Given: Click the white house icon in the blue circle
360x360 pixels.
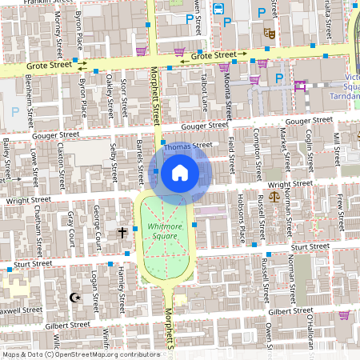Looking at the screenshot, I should [x=180, y=172].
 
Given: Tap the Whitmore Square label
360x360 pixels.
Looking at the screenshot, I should [x=167, y=232].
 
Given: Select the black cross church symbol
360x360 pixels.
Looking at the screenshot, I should [x=122, y=233].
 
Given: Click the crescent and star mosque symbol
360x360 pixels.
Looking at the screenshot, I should [x=77, y=298].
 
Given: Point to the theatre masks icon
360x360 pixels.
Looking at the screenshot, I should [x=269, y=34].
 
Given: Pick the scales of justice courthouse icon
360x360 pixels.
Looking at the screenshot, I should [x=275, y=194].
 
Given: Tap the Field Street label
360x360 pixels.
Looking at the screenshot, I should [x=232, y=153].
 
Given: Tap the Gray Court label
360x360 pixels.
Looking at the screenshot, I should [x=70, y=226].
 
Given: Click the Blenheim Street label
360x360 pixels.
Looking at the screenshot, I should [x=29, y=94].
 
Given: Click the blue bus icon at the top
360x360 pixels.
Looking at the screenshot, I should [x=218, y=9].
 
